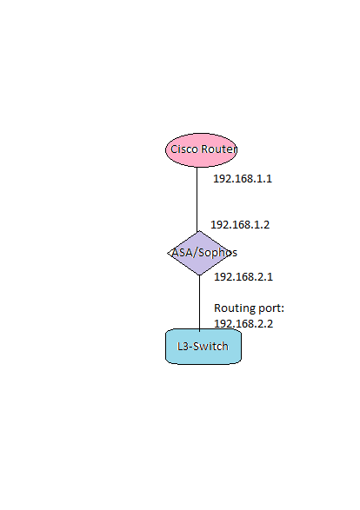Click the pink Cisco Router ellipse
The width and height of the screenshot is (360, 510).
pyautogui.click(x=201, y=150)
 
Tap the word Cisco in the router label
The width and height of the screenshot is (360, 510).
pyautogui.click(x=184, y=149)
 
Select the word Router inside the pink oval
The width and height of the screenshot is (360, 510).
pyautogui.click(x=219, y=149)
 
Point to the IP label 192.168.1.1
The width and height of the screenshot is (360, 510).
pyautogui.click(x=243, y=179)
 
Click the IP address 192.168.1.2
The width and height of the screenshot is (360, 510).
pyautogui.click(x=240, y=225)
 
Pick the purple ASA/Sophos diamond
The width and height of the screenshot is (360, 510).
pyautogui.click(x=199, y=253)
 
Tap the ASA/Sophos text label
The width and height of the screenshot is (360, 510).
pyautogui.click(x=204, y=253)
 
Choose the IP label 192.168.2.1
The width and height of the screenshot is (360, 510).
pyautogui.click(x=243, y=277)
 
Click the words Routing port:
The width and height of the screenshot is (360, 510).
pyautogui.click(x=249, y=308)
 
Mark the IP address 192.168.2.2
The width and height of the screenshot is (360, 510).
pyautogui.click(x=243, y=323)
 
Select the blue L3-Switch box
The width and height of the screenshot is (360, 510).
pyautogui.click(x=203, y=347)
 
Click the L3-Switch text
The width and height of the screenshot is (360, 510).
pyautogui.click(x=203, y=347)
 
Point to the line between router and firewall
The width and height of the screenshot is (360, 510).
pyautogui.click(x=197, y=199)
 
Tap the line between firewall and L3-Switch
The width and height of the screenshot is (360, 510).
pyautogui.click(x=199, y=303)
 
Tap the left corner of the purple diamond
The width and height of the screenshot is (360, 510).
pyautogui.click(x=168, y=253)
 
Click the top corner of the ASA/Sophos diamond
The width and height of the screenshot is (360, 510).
pyautogui.click(x=199, y=231)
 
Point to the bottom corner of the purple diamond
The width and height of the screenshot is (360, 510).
pyautogui.click(x=199, y=275)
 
